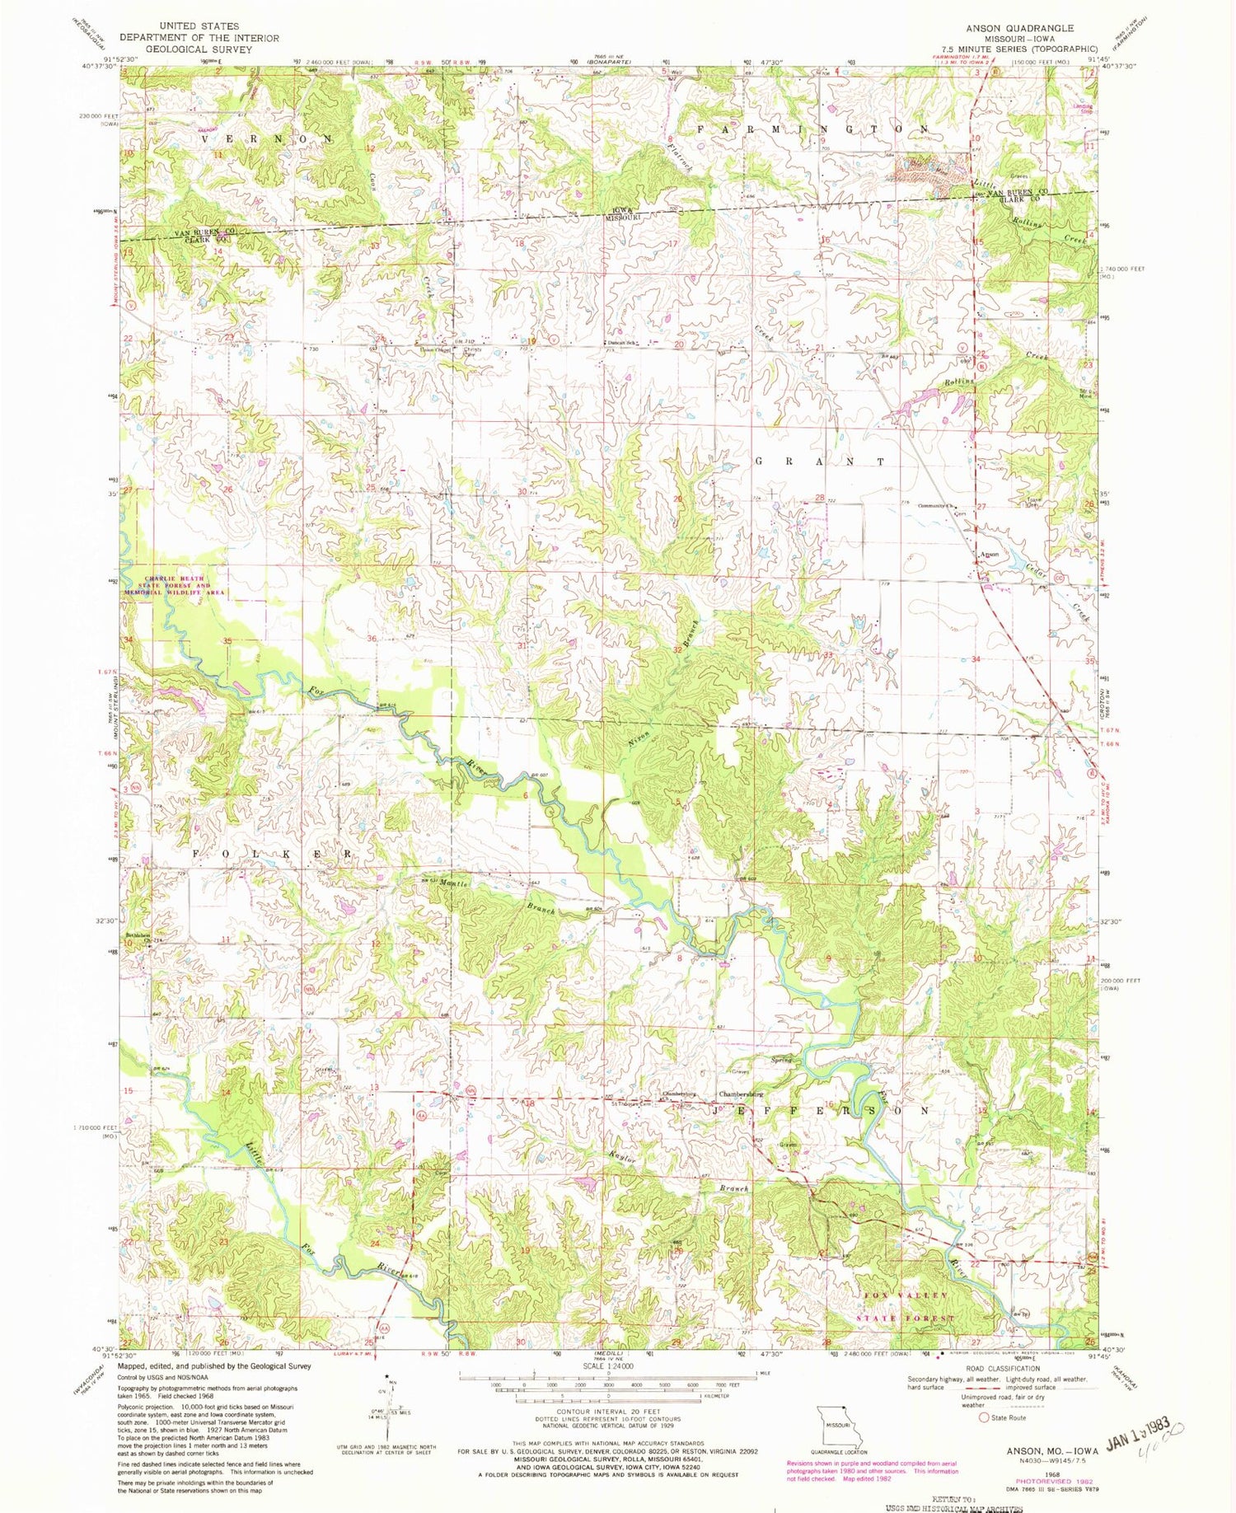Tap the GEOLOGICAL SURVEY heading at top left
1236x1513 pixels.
point(199,49)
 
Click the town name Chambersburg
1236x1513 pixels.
point(741,1094)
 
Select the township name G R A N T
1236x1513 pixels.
point(820,461)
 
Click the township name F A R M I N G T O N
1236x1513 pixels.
point(814,129)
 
